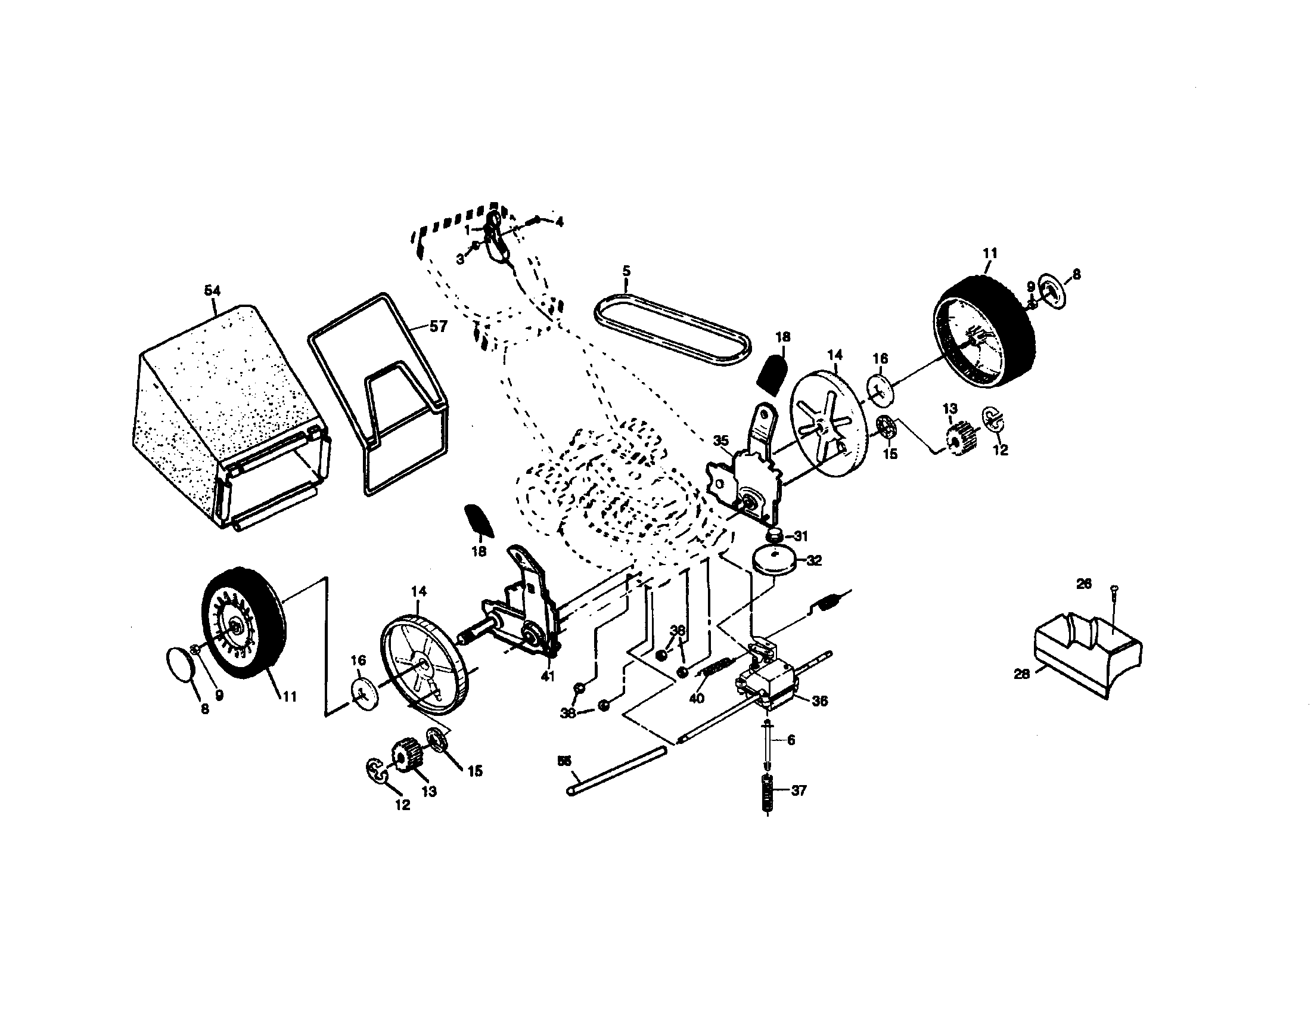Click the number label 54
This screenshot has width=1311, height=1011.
pos(213,291)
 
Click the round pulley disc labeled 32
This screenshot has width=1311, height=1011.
pos(773,562)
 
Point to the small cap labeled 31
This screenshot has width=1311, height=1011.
pos(773,534)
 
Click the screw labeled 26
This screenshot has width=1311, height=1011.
pos(1114,606)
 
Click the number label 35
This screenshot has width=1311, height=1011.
pos(721,441)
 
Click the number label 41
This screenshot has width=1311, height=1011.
pos(547,676)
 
